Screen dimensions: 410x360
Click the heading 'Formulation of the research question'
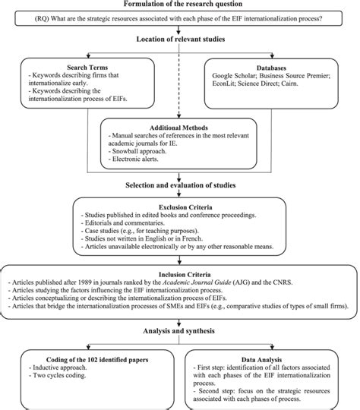180,5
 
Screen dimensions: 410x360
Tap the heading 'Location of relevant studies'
180,39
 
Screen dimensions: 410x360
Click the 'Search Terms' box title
68,67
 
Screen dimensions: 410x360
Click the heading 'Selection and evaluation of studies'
180,187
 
